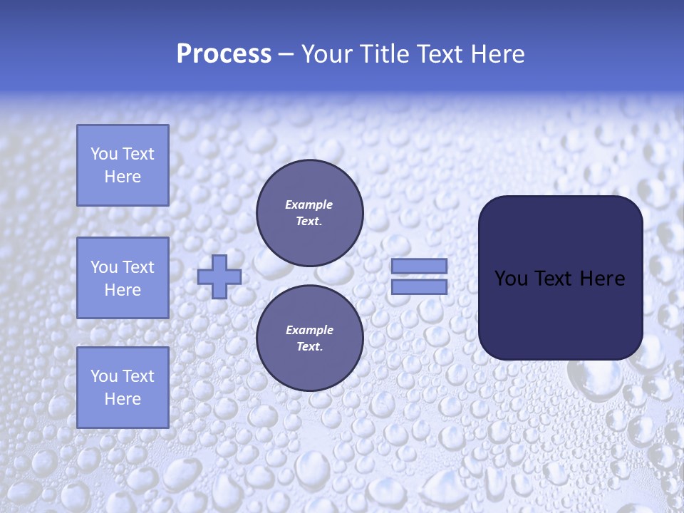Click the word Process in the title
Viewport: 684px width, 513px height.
click(x=224, y=54)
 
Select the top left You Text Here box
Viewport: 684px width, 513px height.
click(x=123, y=165)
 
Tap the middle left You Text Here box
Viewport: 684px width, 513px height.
click(x=123, y=278)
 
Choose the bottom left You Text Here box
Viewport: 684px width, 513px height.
click(x=123, y=388)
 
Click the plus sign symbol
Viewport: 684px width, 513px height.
click(x=219, y=276)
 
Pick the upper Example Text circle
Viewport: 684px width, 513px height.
click(x=309, y=213)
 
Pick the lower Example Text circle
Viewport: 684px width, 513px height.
click(x=309, y=338)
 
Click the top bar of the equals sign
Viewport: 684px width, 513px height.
click(x=419, y=266)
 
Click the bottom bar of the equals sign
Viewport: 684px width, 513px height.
click(x=419, y=287)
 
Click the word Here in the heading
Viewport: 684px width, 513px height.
click(x=497, y=54)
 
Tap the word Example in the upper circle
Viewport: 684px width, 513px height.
click(x=309, y=204)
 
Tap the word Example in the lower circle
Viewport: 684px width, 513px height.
click(x=309, y=330)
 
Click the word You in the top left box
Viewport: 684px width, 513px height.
click(x=104, y=154)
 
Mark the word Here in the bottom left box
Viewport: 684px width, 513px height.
click(x=123, y=399)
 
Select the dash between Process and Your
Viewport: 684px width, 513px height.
click(x=286, y=54)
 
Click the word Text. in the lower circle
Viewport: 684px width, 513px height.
click(x=309, y=347)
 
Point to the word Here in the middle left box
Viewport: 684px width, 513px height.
click(x=123, y=290)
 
